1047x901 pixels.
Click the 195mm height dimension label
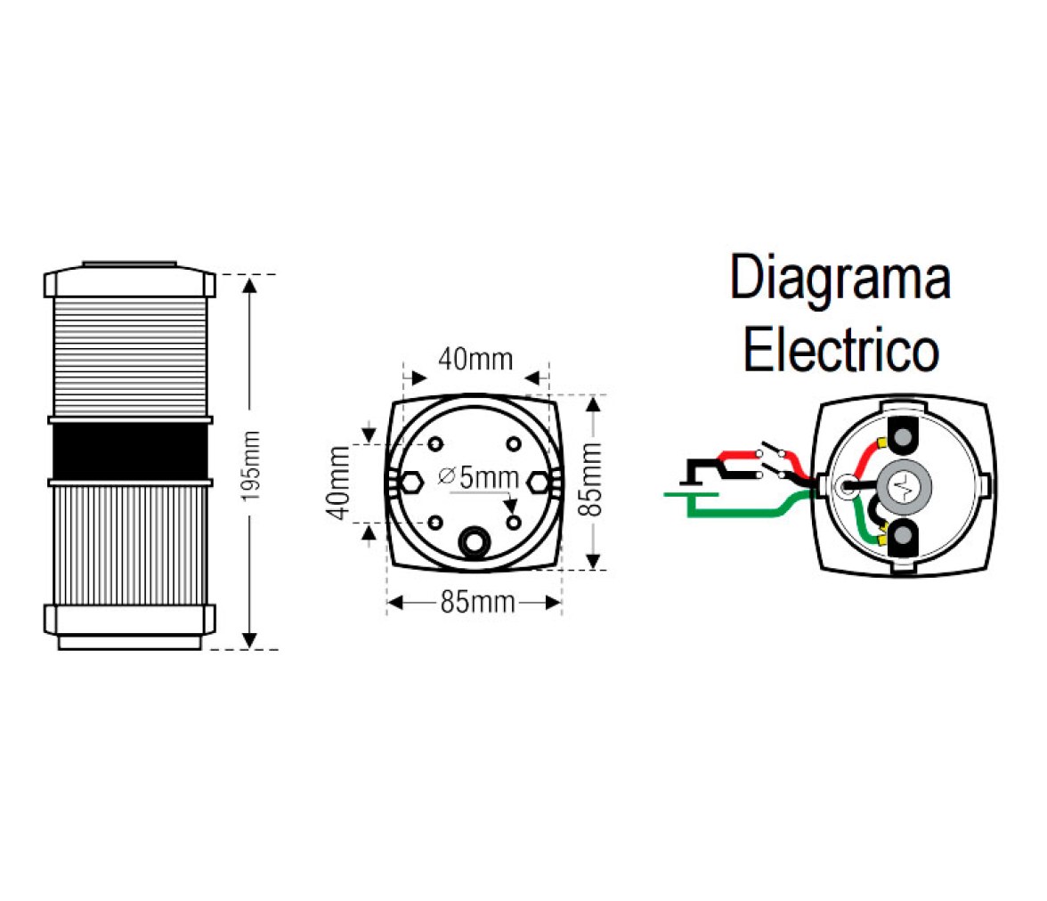[250, 467]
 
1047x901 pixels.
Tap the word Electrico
[841, 350]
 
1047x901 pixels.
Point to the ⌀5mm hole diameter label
[478, 477]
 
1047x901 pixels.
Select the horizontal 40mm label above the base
[475, 360]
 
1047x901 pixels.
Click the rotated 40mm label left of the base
[339, 483]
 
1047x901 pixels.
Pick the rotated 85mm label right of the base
[590, 479]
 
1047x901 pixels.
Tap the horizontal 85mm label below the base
[477, 603]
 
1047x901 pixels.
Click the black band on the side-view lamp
[130, 451]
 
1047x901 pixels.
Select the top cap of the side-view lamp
[130, 280]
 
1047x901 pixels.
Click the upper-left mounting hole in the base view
[435, 443]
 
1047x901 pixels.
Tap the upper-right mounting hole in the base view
[514, 443]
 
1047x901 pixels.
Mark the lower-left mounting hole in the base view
[435, 523]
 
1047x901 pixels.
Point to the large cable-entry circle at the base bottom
[474, 541]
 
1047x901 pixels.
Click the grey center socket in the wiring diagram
[904, 486]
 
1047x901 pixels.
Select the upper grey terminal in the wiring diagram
[904, 438]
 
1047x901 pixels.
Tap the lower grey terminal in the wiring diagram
[904, 536]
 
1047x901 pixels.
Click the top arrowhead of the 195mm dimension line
[249, 286]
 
